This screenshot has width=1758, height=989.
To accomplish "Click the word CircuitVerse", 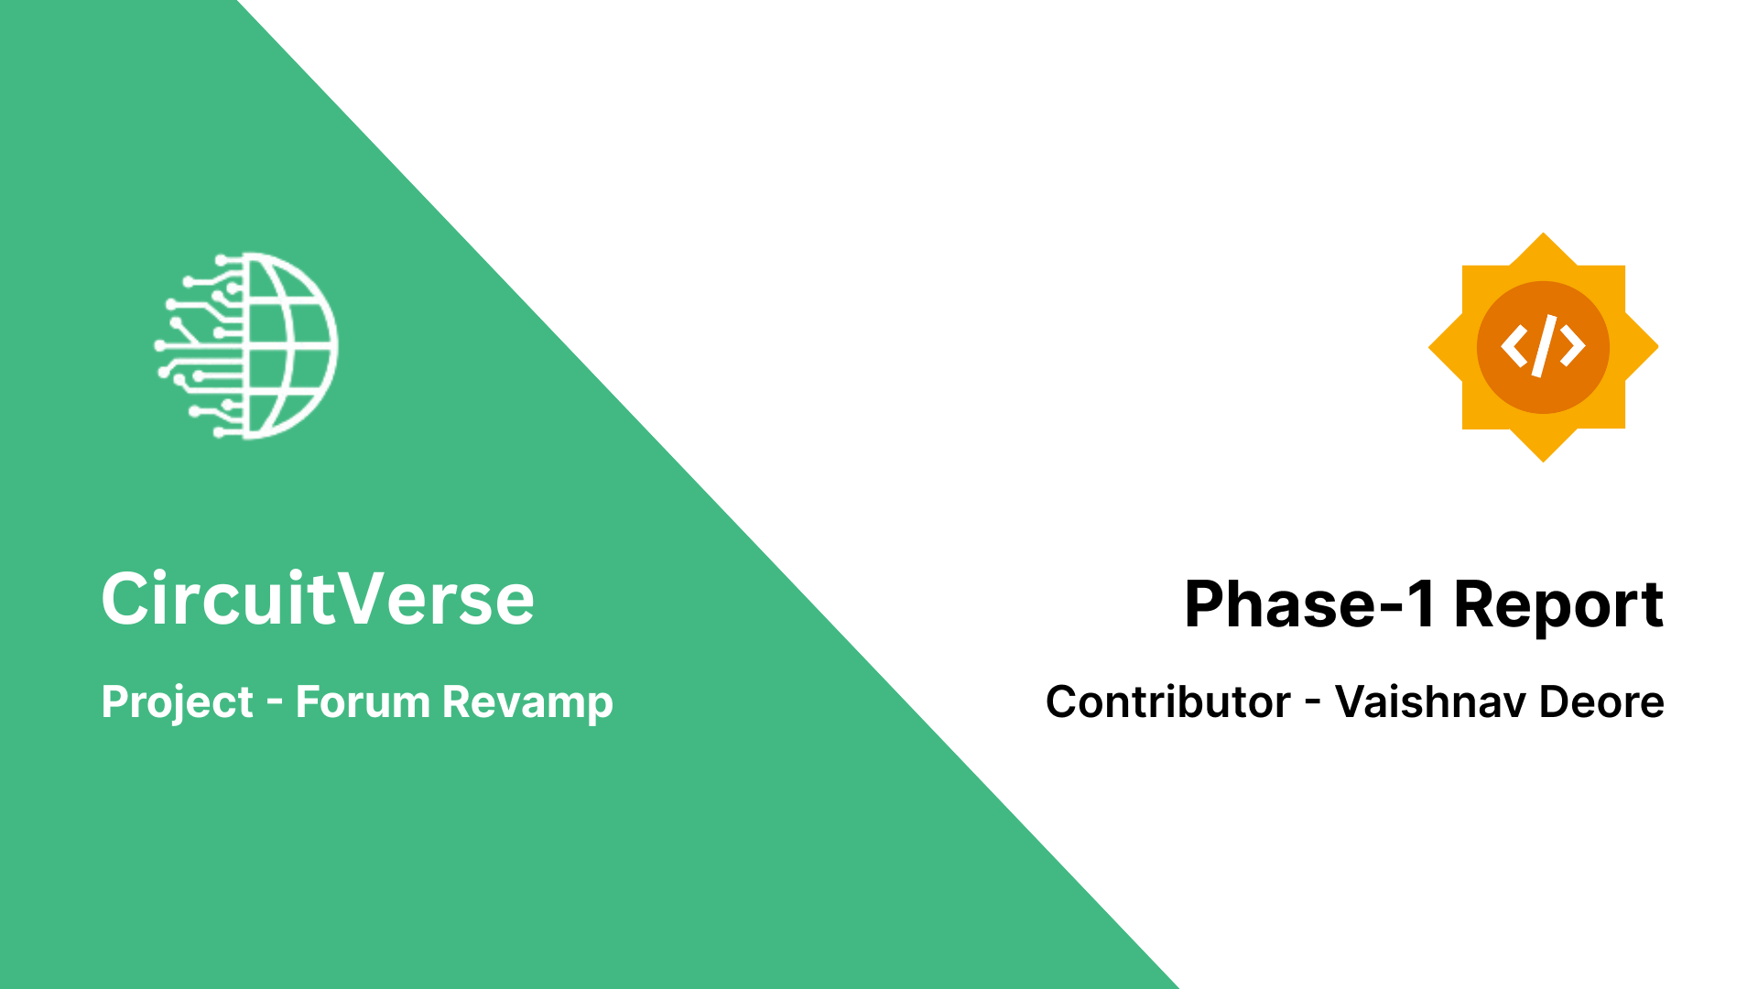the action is point(318,599).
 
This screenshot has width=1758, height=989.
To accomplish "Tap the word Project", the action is point(177,703).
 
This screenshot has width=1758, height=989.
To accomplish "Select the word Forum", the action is point(363,702).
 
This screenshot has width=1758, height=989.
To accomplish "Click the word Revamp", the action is point(527,703).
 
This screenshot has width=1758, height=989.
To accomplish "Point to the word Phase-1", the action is point(1310,604).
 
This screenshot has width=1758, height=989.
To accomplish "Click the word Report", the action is point(1558,606).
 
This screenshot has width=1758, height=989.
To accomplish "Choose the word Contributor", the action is point(1168,702).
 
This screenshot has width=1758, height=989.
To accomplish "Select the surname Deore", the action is point(1601,702).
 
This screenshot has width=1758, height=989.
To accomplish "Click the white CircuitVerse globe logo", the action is point(246,346).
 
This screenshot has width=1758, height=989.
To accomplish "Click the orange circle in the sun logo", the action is point(1544,347).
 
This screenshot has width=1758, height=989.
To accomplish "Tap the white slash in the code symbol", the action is point(1544,346).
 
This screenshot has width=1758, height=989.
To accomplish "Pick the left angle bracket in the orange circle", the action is point(1514,347).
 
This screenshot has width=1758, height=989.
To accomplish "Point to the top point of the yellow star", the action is point(1544,233).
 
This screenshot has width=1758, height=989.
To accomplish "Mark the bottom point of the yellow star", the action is point(1544,462).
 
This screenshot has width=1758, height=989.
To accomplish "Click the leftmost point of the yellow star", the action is point(1428,347).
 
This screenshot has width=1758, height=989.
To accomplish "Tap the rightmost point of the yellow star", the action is point(1659,347).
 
